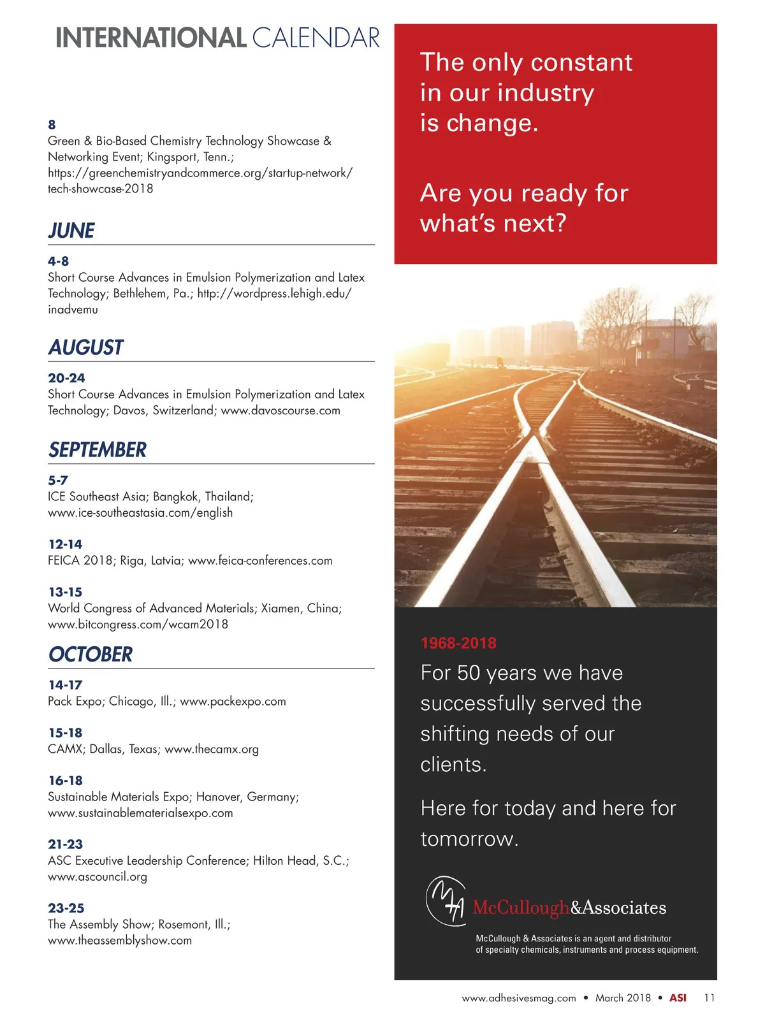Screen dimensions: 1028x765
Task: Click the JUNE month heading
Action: [71, 231]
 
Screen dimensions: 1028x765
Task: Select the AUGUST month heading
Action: [85, 347]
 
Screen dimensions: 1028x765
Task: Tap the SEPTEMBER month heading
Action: [98, 450]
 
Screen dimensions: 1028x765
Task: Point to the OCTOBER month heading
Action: [91, 655]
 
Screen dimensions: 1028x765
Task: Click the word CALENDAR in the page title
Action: [316, 38]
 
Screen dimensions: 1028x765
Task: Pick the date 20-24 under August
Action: [66, 378]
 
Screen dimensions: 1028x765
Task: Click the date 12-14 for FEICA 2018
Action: [66, 544]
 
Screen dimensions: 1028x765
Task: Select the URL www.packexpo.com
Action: [233, 702]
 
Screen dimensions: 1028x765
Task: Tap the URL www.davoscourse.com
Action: [280, 410]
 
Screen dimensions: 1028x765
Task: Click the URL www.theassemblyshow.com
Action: [120, 941]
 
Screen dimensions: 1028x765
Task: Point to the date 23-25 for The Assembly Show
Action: [66, 908]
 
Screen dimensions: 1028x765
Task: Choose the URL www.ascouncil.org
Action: [98, 877]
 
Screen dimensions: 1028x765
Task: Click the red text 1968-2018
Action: [458, 643]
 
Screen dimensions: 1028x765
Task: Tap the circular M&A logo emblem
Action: [446, 901]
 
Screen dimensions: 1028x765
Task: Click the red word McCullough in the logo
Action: [521, 908]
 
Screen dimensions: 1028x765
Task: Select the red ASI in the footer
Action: [678, 998]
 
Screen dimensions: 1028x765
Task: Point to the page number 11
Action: [710, 998]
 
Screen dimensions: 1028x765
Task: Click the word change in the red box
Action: [492, 123]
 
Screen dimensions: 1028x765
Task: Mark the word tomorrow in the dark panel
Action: [469, 839]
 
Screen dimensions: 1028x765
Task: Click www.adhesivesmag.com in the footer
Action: [519, 998]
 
